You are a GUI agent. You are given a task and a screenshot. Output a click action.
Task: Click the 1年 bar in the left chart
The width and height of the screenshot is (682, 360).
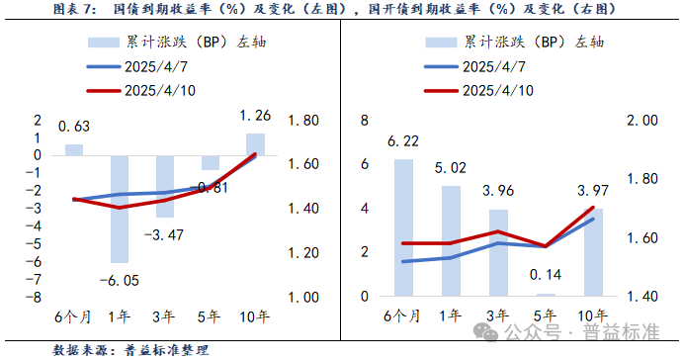pyautogui.click(x=120, y=208)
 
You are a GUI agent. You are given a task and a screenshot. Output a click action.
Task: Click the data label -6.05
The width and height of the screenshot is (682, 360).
pyautogui.click(x=120, y=281)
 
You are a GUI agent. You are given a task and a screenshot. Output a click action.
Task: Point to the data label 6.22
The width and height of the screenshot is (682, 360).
pyautogui.click(x=404, y=142)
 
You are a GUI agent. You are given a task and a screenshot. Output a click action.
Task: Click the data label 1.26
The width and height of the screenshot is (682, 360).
pyautogui.click(x=255, y=116)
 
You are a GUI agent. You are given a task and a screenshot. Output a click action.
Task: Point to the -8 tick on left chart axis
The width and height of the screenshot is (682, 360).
pyautogui.click(x=37, y=297)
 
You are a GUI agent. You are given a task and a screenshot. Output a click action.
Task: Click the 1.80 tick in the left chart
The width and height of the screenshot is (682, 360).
pyautogui.click(x=300, y=121)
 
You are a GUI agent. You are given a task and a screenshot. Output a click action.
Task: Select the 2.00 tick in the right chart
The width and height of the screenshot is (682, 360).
pyautogui.click(x=643, y=121)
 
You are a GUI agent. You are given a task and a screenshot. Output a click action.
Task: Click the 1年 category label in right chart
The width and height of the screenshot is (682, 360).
pyautogui.click(x=450, y=317)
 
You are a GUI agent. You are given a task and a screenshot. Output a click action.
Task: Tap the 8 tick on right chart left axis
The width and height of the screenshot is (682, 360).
pyautogui.click(x=365, y=121)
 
